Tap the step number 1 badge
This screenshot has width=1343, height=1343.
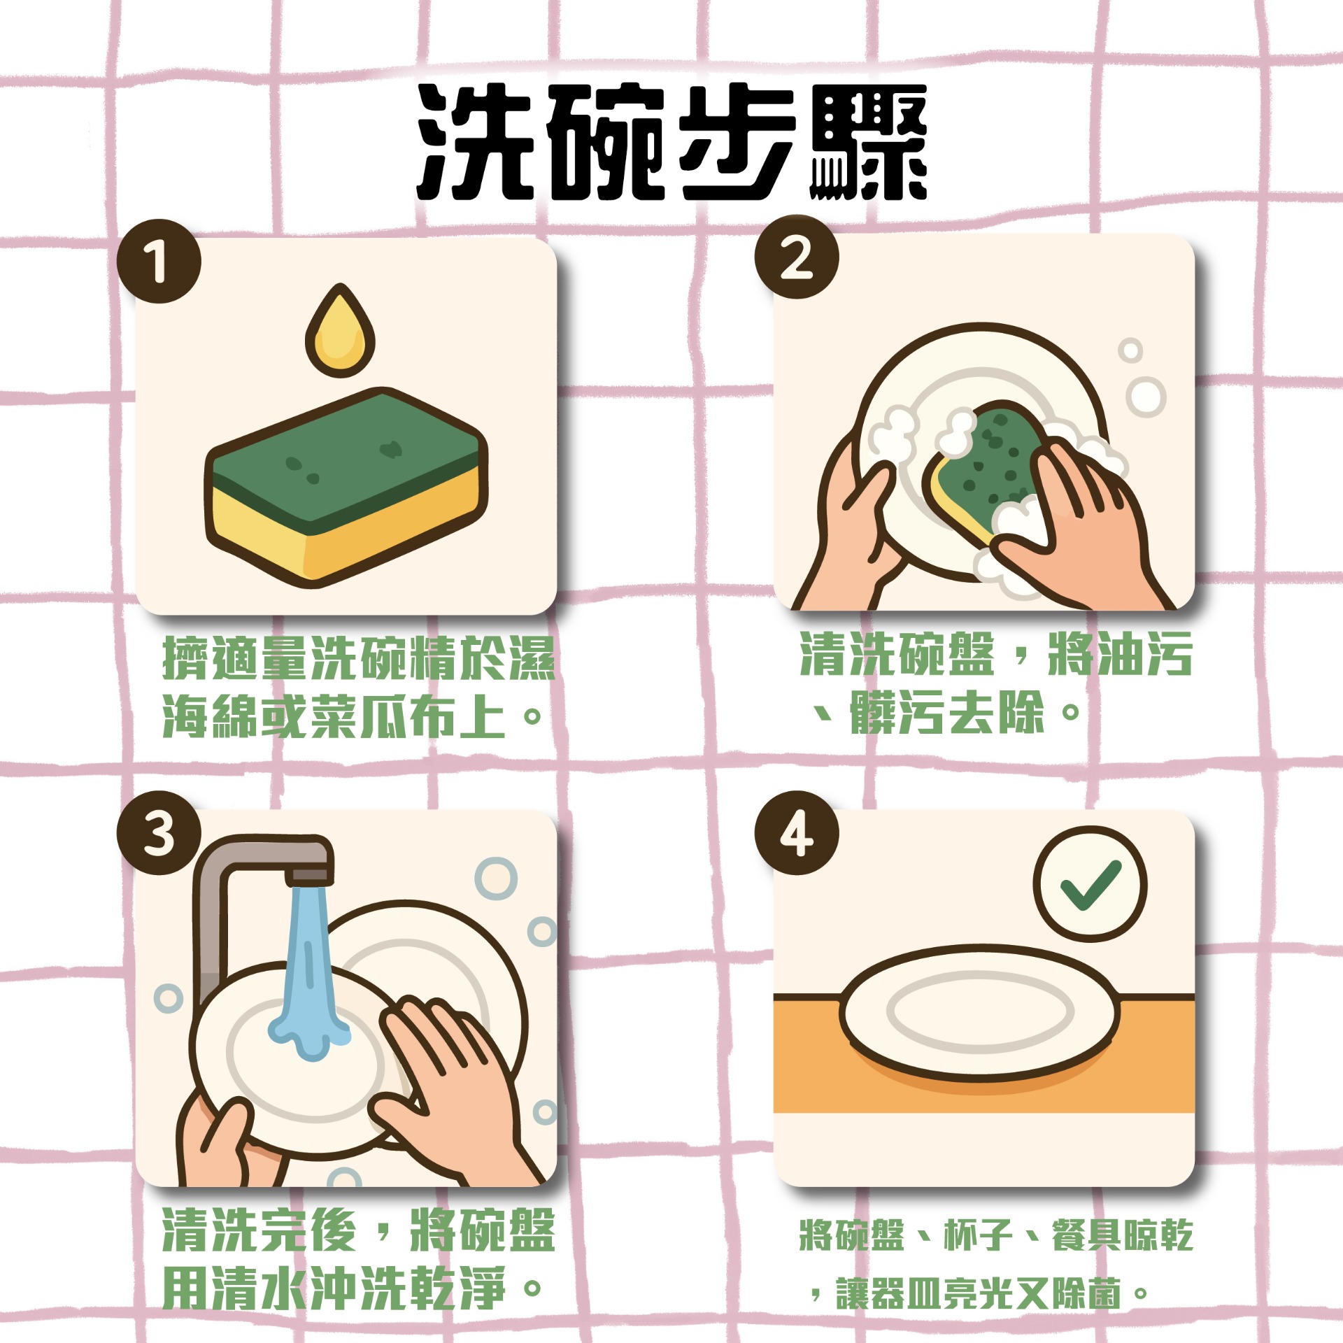pos(159,261)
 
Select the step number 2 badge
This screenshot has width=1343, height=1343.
pos(797,257)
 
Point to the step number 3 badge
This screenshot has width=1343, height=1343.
pos(159,832)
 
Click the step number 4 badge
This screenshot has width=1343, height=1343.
pos(797,832)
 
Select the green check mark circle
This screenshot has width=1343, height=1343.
pos(1090,884)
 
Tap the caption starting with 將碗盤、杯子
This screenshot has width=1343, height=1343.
pos(997,1264)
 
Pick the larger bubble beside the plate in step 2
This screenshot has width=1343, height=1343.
pos(1146,397)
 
